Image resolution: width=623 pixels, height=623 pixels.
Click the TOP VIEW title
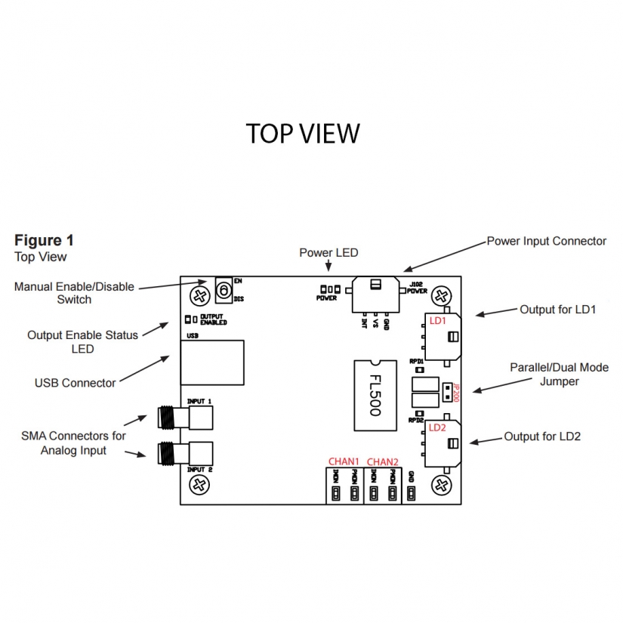coord(303,133)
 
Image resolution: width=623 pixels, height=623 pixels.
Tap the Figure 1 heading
coord(45,240)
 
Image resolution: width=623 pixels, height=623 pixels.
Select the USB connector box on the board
coord(212,362)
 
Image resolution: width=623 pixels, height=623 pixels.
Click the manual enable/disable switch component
coord(223,290)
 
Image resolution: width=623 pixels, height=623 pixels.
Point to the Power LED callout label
coord(328,252)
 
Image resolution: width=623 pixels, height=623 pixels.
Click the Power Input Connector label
coord(546,241)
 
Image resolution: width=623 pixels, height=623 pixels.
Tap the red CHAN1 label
coord(344,461)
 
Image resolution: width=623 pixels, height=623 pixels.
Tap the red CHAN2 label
coord(382,461)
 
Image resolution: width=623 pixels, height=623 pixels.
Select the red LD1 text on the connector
coord(438,321)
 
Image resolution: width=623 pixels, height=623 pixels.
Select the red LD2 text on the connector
coord(437,427)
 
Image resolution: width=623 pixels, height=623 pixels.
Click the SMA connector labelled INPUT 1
coord(184,416)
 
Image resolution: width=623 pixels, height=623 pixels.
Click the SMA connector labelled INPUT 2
coord(184,452)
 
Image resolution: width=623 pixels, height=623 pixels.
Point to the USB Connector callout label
coord(76,383)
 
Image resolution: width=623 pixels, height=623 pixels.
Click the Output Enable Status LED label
coord(82,341)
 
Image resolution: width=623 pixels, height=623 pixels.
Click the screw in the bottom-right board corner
coord(439,483)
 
